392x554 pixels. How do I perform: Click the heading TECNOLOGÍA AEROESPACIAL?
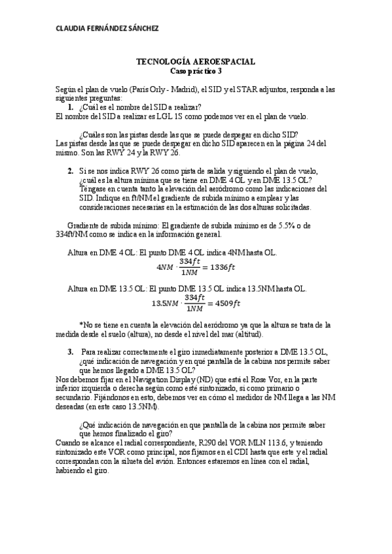click(x=196, y=61)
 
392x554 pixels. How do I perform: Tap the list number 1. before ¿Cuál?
click(x=71, y=106)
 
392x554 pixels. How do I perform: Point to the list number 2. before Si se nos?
click(x=71, y=171)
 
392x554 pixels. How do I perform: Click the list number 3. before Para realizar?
click(x=71, y=351)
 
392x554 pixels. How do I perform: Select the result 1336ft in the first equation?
click(x=224, y=267)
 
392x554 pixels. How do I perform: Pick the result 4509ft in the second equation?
click(x=224, y=303)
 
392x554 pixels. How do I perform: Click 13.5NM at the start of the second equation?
click(x=165, y=303)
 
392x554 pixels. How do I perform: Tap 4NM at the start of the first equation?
click(x=166, y=267)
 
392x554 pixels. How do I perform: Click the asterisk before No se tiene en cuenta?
click(x=80, y=325)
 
